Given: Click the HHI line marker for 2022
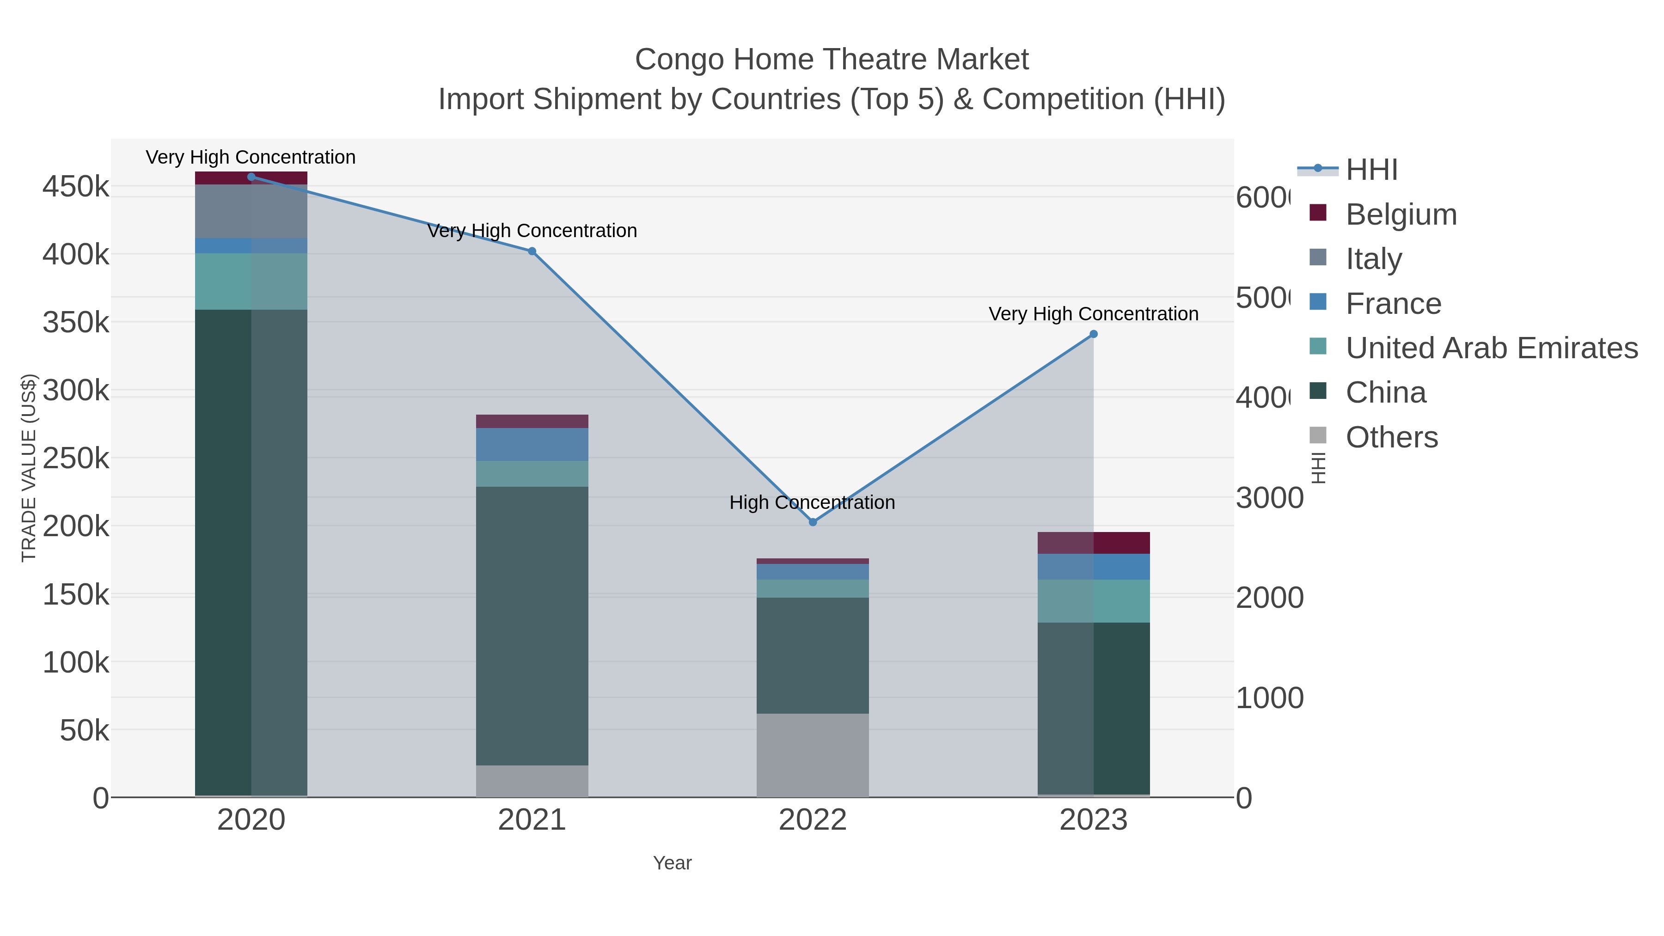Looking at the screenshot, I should (813, 522).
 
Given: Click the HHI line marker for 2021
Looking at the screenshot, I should (532, 251).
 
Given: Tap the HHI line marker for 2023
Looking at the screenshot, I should (1094, 335).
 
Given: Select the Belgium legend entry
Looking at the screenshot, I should (1401, 214).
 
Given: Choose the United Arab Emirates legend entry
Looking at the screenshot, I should (1491, 348).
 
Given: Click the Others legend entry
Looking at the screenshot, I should (1391, 437).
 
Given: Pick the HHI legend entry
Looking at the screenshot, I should (1371, 170).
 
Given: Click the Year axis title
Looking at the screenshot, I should (672, 863).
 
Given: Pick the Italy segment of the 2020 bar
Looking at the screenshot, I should (251, 211).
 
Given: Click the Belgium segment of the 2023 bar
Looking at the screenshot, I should (1094, 543).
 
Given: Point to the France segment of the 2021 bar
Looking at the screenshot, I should (532, 444).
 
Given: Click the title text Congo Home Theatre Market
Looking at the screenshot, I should (832, 60).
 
